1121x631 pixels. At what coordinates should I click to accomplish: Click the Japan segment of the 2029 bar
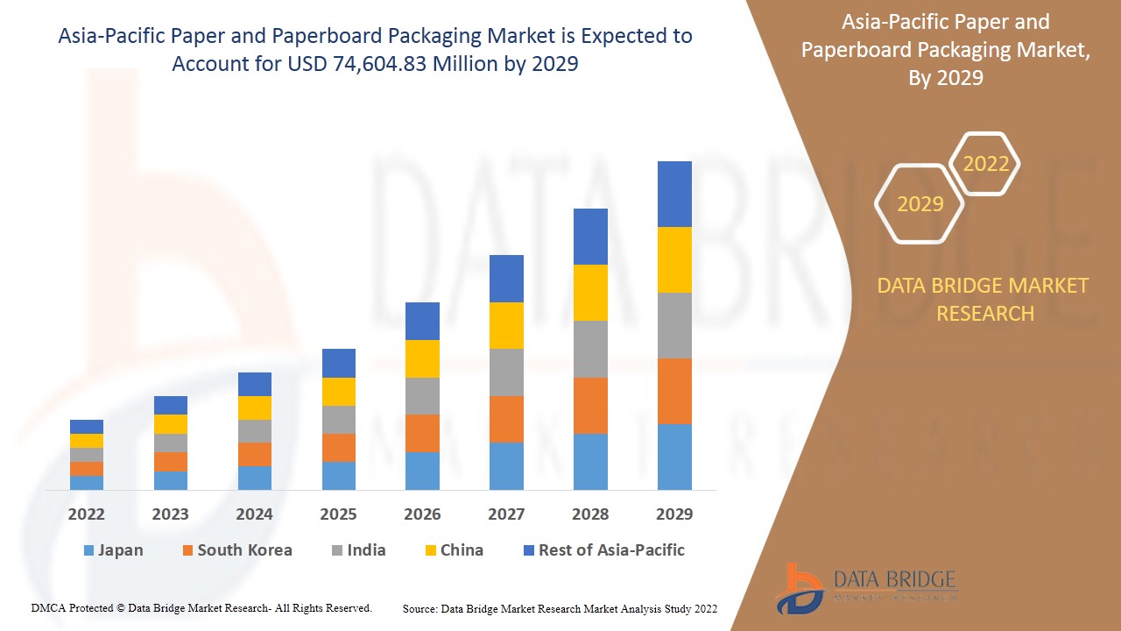(x=674, y=457)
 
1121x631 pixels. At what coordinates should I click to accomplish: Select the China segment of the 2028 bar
(x=590, y=293)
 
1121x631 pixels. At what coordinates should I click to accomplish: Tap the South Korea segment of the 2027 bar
(x=506, y=419)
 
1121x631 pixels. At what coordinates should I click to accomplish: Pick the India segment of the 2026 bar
(x=422, y=396)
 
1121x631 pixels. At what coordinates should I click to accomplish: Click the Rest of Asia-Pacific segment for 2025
(x=339, y=363)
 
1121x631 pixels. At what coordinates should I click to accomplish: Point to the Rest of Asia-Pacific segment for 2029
(x=674, y=194)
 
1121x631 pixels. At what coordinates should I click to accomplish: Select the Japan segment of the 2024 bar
(x=255, y=478)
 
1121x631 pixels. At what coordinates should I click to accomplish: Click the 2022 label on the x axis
(x=87, y=514)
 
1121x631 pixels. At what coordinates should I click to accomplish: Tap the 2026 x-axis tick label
(x=422, y=514)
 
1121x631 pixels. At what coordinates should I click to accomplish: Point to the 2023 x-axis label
(x=171, y=514)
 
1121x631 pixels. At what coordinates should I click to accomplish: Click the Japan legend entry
(x=113, y=550)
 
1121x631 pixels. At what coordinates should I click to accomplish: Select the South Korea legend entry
(x=237, y=550)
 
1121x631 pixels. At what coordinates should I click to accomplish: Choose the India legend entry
(x=358, y=550)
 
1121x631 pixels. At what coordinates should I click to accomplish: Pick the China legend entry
(x=453, y=550)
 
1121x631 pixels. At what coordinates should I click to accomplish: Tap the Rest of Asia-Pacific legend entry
(x=603, y=550)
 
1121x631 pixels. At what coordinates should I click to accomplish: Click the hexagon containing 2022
(x=985, y=164)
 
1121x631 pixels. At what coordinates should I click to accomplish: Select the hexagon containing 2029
(x=920, y=204)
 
